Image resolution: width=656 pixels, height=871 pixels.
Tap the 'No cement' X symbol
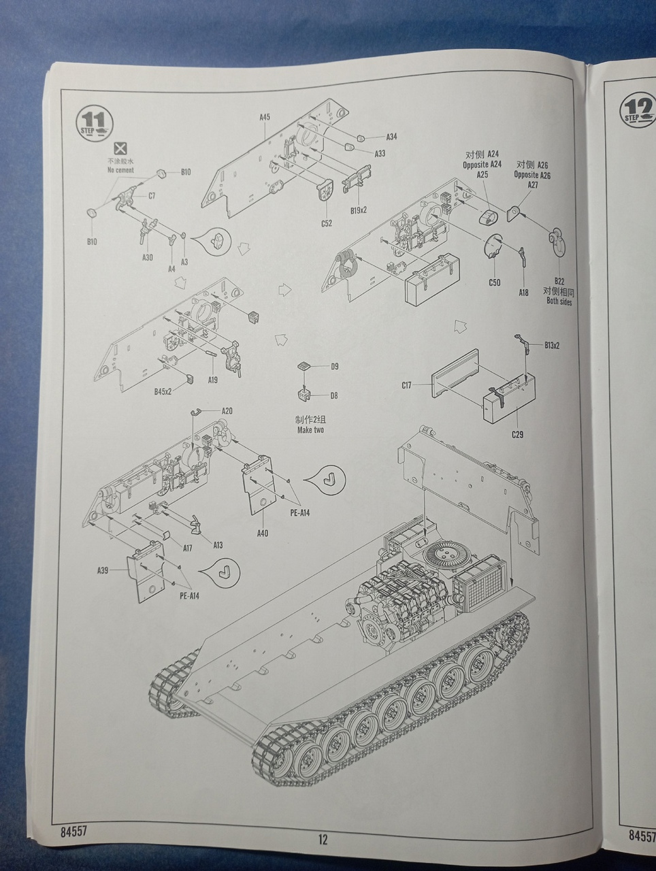120,148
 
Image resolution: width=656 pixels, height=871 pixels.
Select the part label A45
265,117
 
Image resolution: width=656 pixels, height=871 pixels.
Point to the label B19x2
359,210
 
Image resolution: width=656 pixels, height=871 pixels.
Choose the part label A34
391,137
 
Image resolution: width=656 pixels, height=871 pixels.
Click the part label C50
494,282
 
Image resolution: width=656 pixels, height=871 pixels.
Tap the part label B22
559,280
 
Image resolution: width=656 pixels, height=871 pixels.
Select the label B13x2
552,345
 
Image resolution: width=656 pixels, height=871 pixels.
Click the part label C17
406,386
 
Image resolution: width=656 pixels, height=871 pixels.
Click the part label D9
334,367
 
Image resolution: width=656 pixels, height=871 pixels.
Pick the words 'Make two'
310,430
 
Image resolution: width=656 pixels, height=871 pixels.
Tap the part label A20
227,411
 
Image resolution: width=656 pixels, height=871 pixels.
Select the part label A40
263,533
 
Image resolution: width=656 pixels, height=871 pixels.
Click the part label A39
102,570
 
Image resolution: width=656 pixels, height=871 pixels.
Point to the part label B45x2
163,391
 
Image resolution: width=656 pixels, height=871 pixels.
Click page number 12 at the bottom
323,839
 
